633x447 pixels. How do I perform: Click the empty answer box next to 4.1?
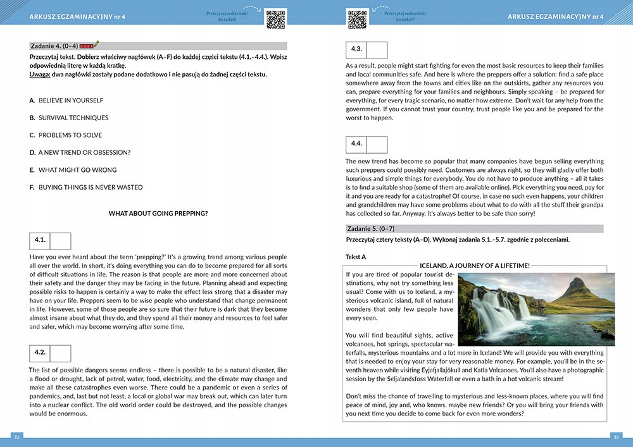(60, 241)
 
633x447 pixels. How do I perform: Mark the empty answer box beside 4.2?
(60, 353)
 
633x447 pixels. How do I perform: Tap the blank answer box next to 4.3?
(377, 50)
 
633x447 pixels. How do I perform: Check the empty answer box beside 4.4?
(377, 145)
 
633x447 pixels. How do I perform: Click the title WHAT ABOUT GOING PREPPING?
(158, 214)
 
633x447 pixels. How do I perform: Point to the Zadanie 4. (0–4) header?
(54, 46)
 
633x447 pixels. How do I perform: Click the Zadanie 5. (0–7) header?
(370, 228)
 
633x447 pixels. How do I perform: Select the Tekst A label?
(356, 257)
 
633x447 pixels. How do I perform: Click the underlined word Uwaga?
(40, 75)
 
